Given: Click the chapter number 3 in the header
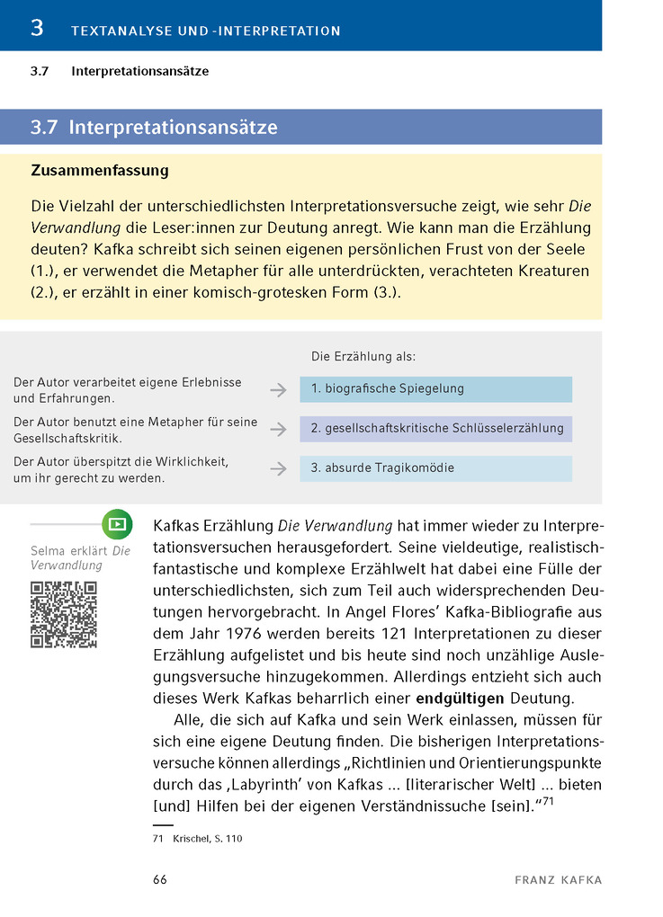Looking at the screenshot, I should pos(36,28).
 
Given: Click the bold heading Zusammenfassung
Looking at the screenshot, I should pos(100,170).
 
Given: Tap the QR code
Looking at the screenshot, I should pos(63,614).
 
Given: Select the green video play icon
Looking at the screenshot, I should pos(117,523).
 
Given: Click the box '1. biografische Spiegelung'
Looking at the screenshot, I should pos(435,389).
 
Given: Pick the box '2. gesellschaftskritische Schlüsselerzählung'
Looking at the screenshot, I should pos(435,429).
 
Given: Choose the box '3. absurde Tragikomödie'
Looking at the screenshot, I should pos(435,468).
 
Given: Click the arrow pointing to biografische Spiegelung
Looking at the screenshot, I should pos(278,390).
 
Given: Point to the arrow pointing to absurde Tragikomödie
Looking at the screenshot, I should pos(278,468).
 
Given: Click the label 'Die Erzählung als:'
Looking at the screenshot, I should pos(363,357).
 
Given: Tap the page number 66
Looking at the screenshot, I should pos(160,880).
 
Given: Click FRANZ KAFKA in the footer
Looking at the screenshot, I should pos(558,880).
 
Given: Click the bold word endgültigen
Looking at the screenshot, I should pos(461,698).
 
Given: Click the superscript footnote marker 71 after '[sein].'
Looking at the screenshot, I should pos(545,802).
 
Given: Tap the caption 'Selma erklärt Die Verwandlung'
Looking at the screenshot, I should pos(80,558).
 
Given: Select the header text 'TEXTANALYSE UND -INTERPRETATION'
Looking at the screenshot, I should pos(206,31).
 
